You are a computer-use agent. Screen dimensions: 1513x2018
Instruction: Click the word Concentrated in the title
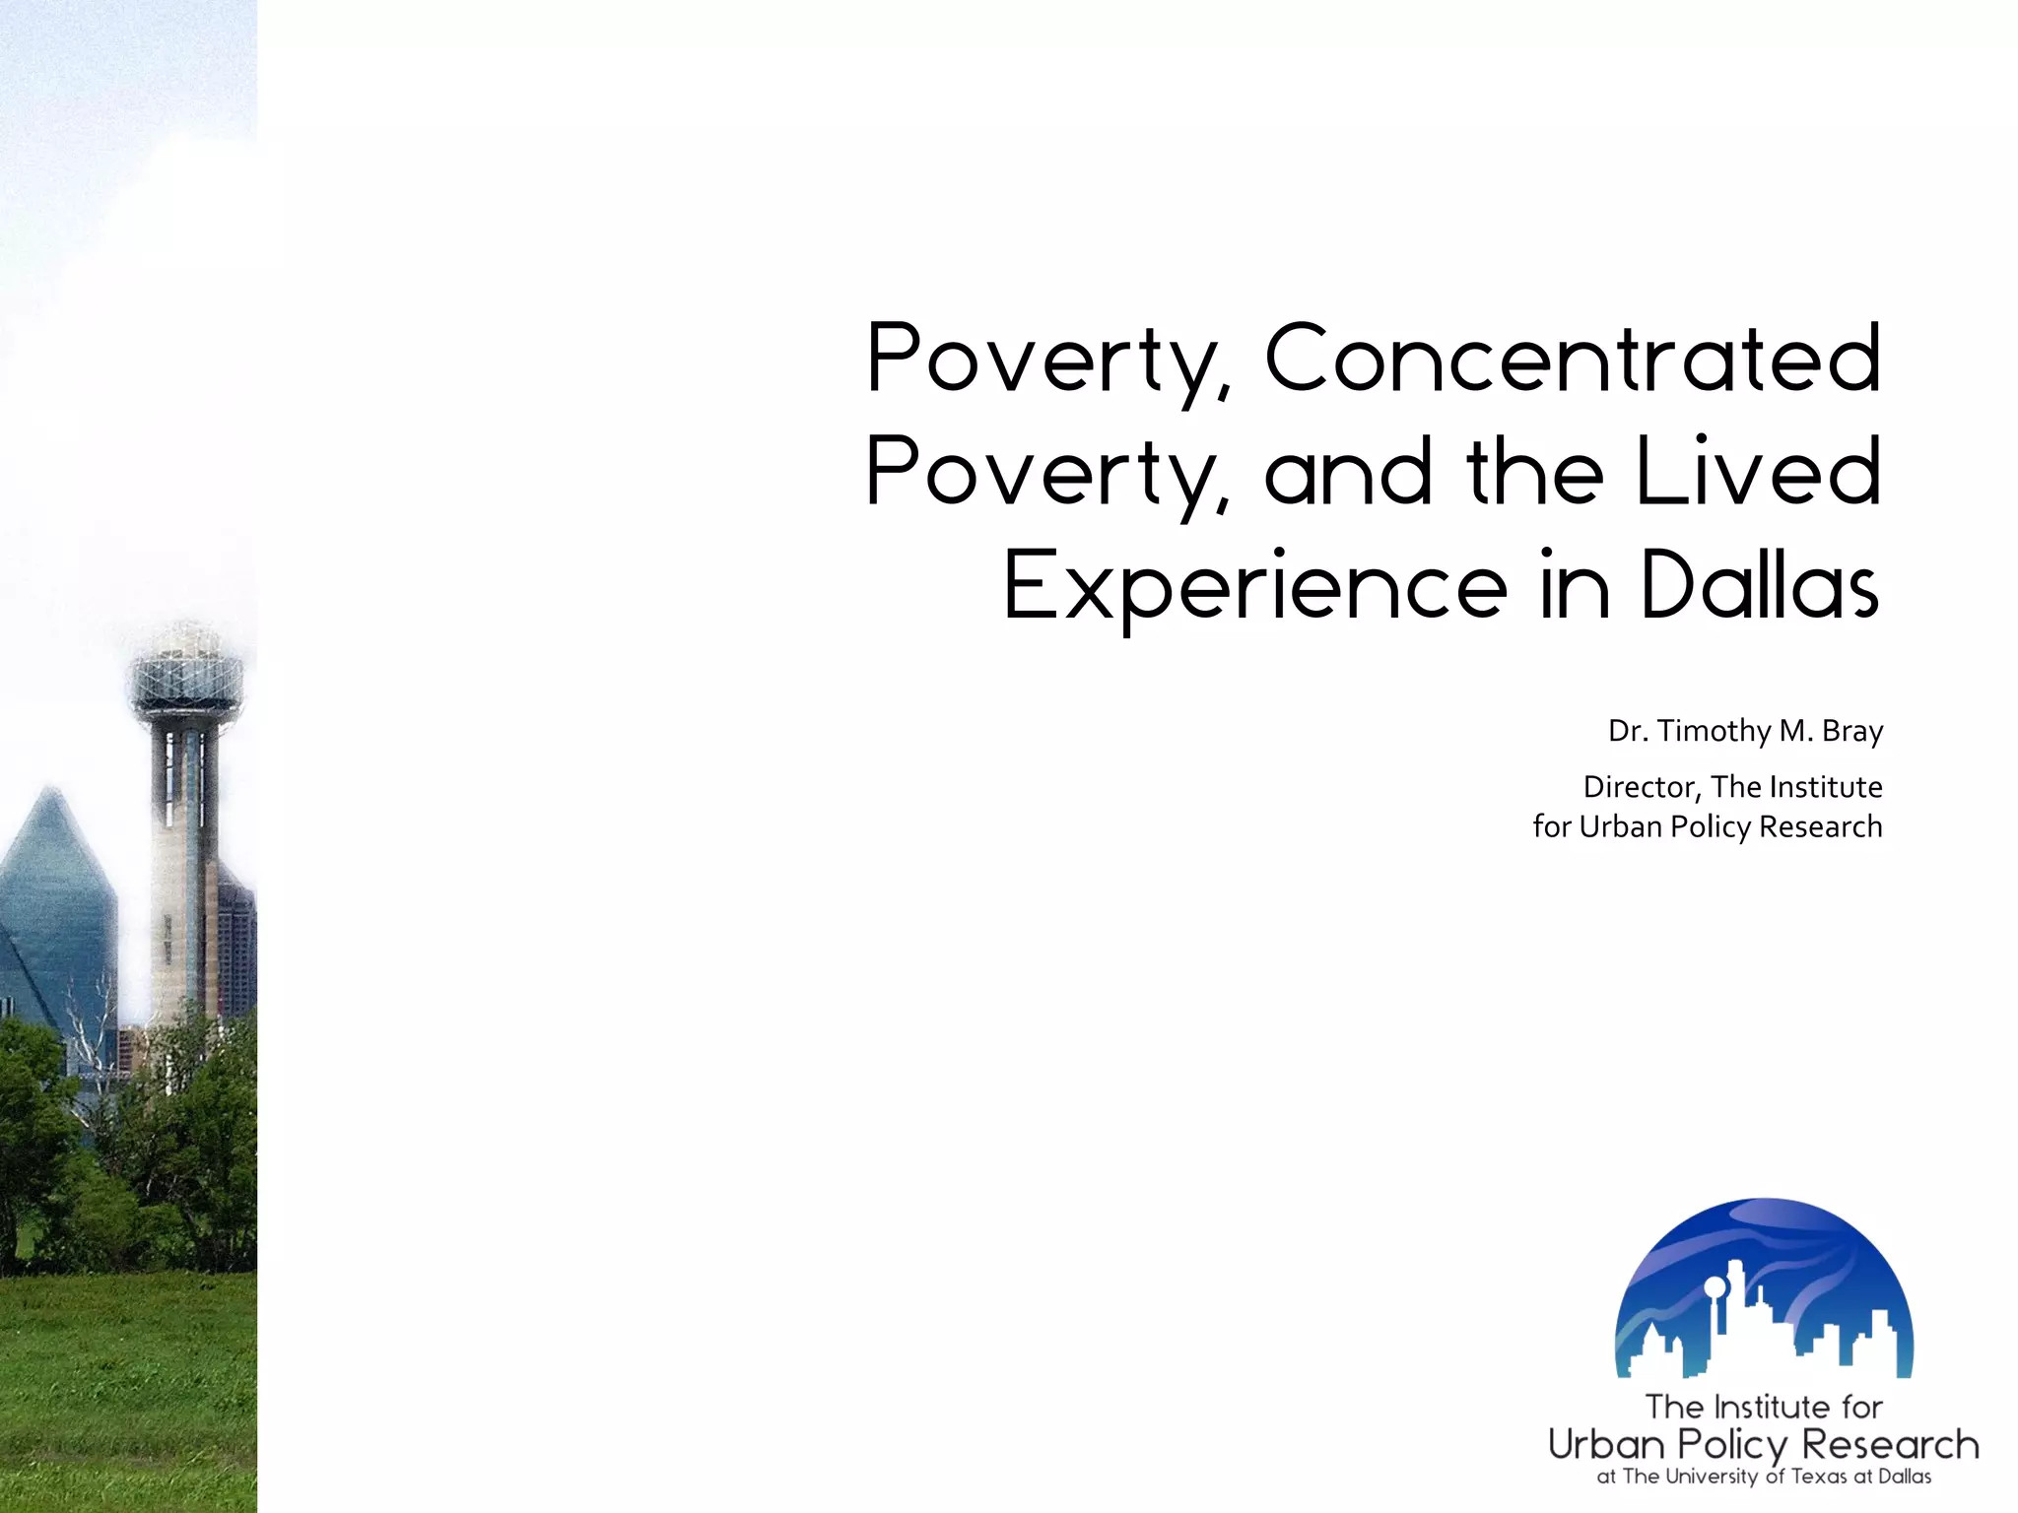[1573, 359]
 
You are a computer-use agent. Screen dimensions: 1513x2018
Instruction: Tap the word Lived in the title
[1758, 473]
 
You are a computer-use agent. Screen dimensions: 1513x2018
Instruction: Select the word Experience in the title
[1255, 587]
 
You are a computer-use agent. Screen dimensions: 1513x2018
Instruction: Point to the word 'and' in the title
[1348, 473]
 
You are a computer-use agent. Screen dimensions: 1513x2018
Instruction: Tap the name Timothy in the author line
[1715, 731]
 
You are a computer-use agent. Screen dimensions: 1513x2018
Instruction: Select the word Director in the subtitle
[1642, 787]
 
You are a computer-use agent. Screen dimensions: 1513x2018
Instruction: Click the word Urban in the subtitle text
[1621, 826]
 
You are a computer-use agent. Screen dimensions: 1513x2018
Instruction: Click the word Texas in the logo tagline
[1819, 1477]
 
